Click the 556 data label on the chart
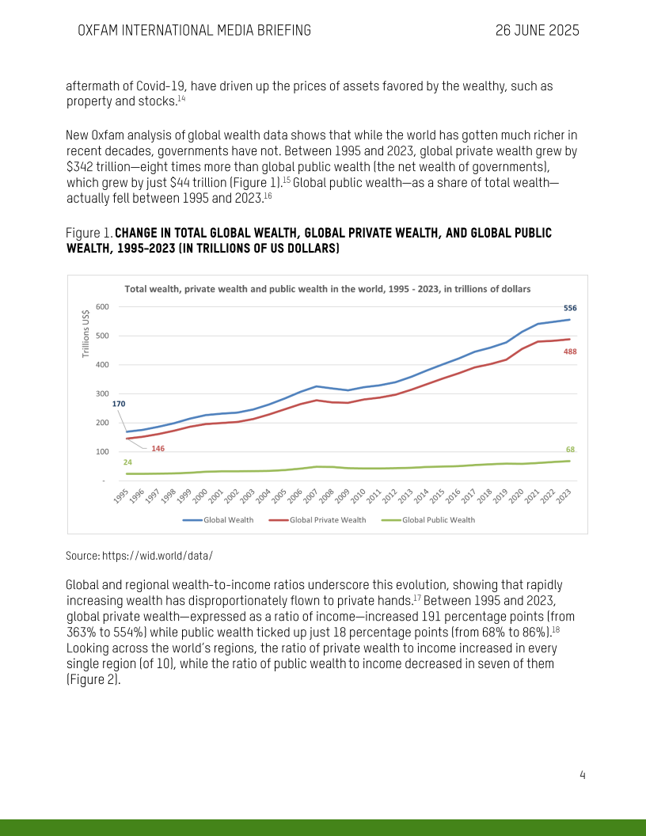570,307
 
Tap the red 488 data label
570,351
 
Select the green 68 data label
570,450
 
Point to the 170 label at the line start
119,404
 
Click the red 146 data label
158,449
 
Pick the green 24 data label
127,462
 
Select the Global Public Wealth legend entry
439,520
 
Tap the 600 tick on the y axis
102,307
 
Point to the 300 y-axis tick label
102,393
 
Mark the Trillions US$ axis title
86,332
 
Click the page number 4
582,775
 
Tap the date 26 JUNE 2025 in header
538,31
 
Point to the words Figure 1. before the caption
89,233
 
